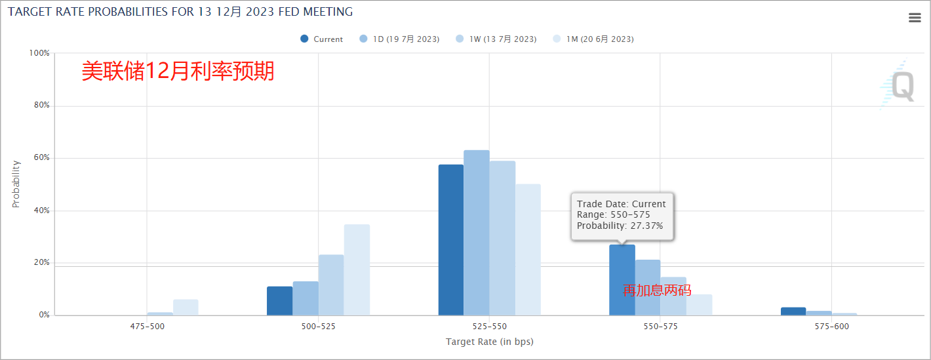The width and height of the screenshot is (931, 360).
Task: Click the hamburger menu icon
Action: pyautogui.click(x=915, y=18)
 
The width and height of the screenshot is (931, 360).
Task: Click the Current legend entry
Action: pyautogui.click(x=321, y=39)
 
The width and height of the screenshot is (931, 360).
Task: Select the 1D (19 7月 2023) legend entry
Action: pyautogui.click(x=399, y=39)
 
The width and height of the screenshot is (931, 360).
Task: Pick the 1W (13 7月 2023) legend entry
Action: pyautogui.click(x=496, y=39)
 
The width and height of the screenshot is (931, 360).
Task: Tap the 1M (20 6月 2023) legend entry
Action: pyautogui.click(x=593, y=39)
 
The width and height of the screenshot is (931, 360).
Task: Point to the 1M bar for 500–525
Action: pyautogui.click(x=357, y=270)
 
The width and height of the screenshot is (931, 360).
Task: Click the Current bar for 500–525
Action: pyautogui.click(x=280, y=301)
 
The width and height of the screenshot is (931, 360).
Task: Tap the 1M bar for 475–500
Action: pyautogui.click(x=186, y=308)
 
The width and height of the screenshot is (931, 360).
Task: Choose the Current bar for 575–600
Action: pyautogui.click(x=793, y=311)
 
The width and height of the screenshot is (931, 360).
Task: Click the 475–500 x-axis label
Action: pyautogui.click(x=147, y=327)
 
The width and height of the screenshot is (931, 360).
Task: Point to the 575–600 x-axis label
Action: pyautogui.click(x=831, y=327)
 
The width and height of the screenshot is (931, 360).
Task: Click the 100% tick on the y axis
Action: pyautogui.click(x=40, y=53)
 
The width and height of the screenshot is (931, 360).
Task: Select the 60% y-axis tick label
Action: pyautogui.click(x=41, y=158)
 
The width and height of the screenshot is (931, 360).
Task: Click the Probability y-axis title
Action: pyautogui.click(x=16, y=184)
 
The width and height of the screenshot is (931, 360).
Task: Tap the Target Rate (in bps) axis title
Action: pyautogui.click(x=489, y=342)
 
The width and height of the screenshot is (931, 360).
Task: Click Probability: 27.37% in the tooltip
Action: pyautogui.click(x=620, y=226)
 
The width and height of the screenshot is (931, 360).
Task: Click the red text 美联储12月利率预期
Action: pyautogui.click(x=178, y=71)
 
